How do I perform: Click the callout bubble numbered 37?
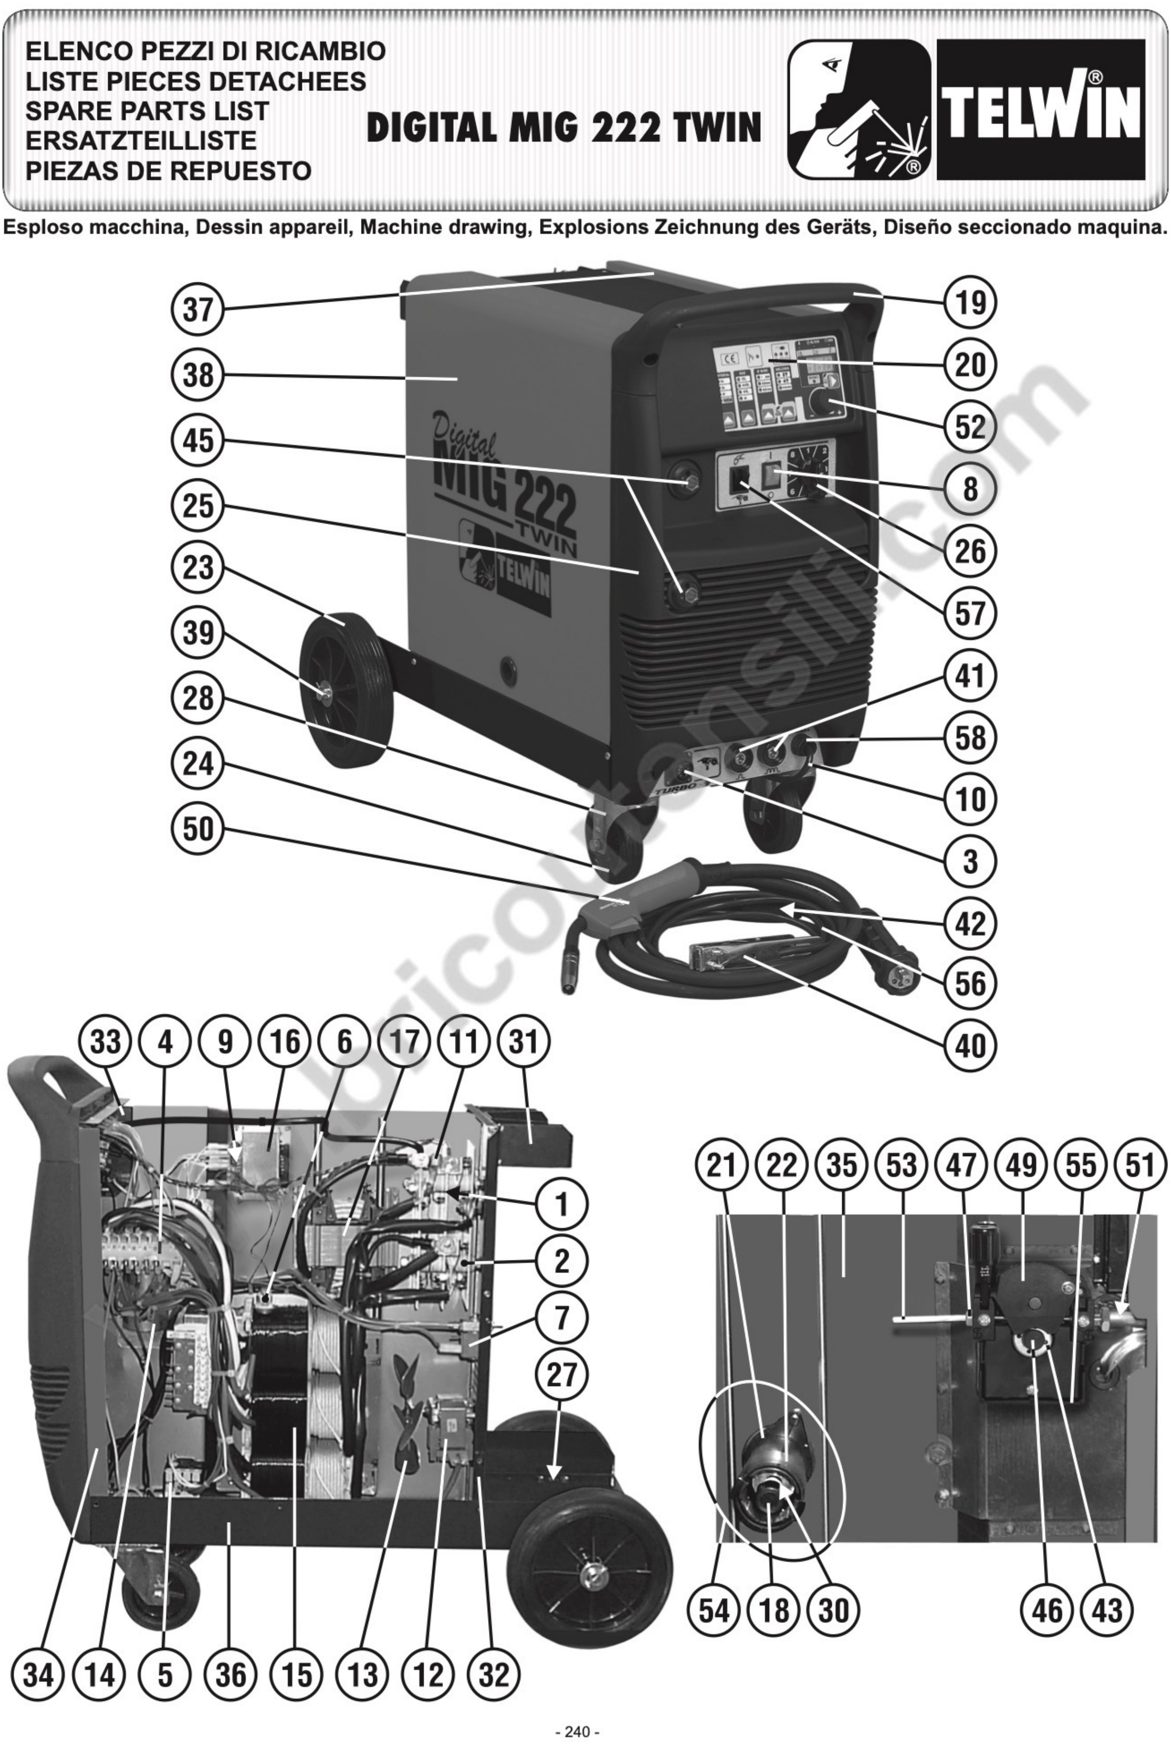198,309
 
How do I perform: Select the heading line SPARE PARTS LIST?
147,110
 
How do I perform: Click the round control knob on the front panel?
822,406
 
